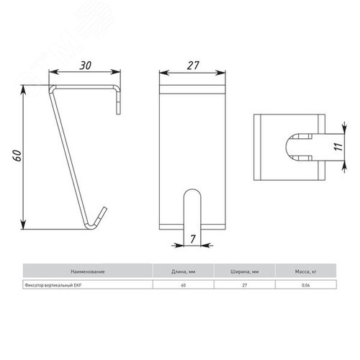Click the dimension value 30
tap(86, 66)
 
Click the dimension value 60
tap(17, 156)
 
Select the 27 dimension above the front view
tap(193, 66)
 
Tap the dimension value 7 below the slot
tap(192, 239)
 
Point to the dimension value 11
tap(338, 147)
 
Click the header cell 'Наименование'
tap(88, 271)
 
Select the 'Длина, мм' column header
tap(183, 271)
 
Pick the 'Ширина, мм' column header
tap(245, 271)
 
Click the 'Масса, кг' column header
tap(306, 271)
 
